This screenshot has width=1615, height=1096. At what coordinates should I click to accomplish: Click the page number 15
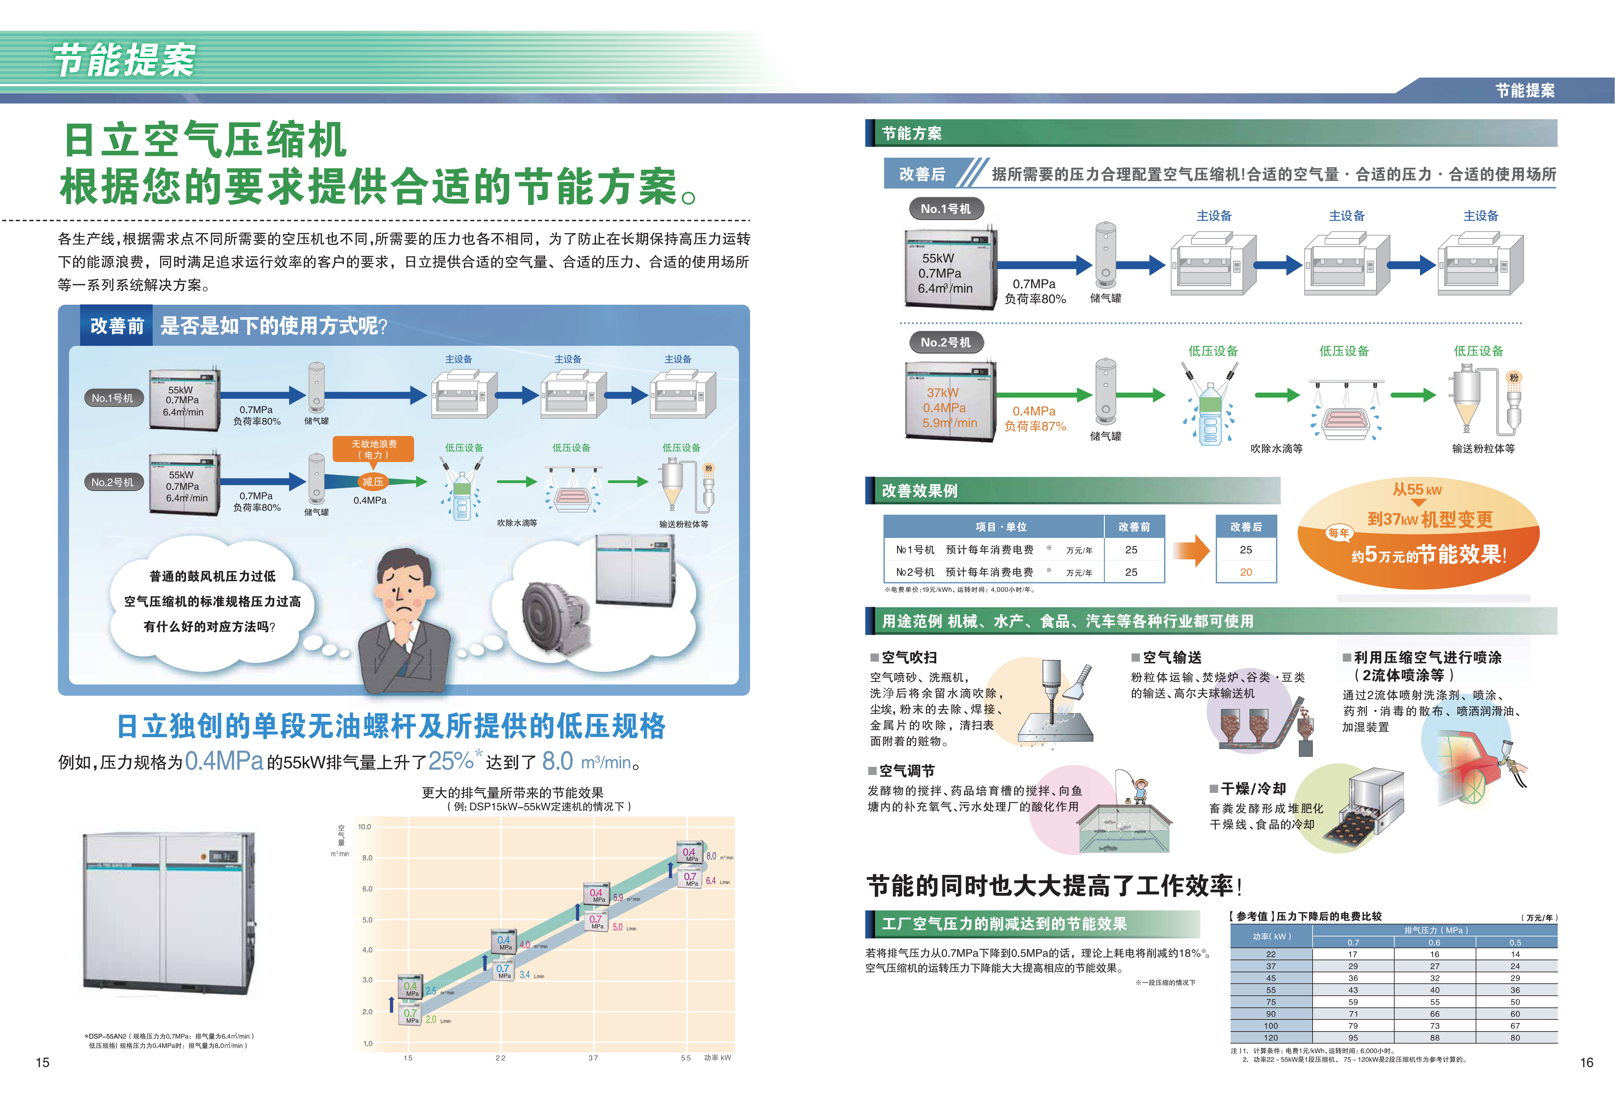42,1062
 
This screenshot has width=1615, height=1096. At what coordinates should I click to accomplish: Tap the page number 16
1586,1062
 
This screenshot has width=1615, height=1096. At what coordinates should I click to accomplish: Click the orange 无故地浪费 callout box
374,449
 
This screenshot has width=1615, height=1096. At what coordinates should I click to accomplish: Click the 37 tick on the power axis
593,1058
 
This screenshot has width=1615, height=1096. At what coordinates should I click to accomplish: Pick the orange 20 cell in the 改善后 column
1246,572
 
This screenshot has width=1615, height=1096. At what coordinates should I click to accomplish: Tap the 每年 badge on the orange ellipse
1338,533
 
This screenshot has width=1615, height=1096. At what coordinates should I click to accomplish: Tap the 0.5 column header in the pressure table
1515,942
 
